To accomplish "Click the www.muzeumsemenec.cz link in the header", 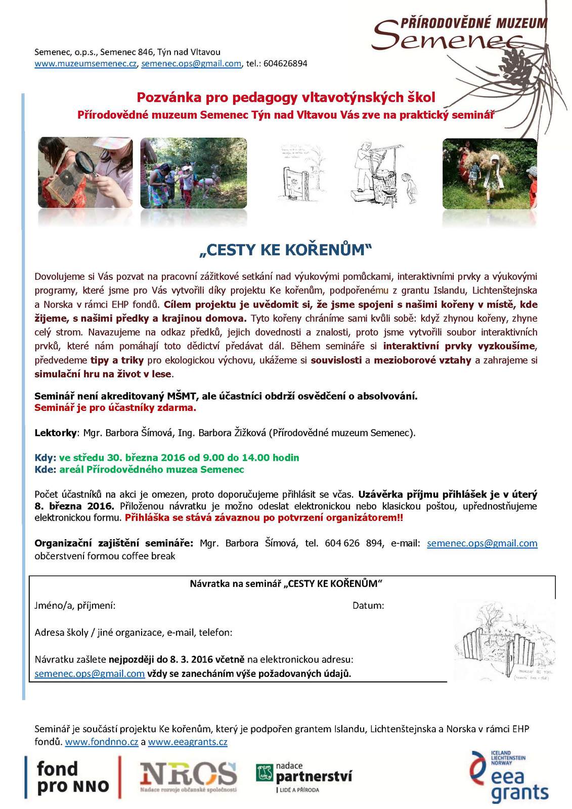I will (85, 64).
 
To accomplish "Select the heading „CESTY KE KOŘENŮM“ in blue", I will (286, 249).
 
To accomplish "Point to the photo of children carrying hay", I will (489, 174).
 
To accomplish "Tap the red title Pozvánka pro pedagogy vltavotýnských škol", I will (286, 97).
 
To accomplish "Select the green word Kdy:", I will (45, 457).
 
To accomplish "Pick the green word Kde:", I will (45, 470).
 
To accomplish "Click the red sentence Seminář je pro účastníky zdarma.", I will (115, 408).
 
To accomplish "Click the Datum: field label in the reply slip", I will (368, 606).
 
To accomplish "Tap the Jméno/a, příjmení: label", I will (75, 606).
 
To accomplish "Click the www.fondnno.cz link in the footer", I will (102, 742).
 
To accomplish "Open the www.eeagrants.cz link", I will (188, 742).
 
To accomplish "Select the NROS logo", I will (188, 777).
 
